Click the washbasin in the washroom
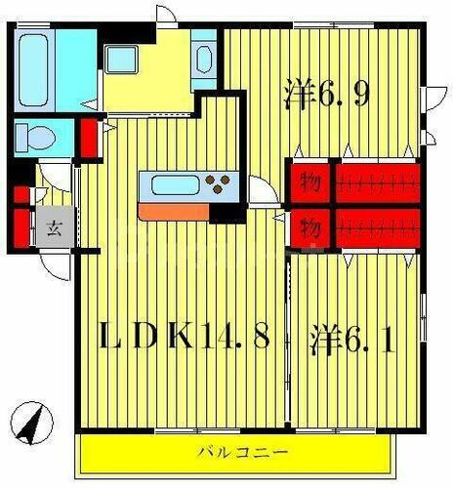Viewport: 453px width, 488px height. pos(205,57)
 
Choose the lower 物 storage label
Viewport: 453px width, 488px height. pos(309,228)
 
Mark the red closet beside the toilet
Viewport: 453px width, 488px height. pos(89,138)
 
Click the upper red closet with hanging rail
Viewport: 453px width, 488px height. pos(378,180)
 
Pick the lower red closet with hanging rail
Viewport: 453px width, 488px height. pos(378,227)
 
